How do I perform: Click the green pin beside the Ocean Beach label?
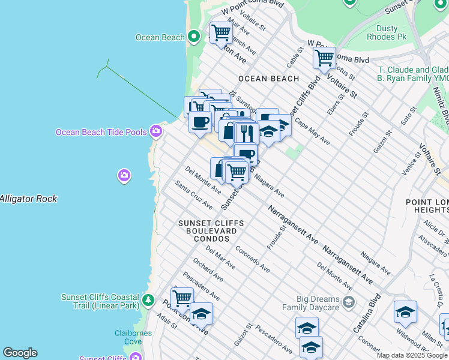click(x=193, y=37)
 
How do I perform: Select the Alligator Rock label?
click(x=28, y=199)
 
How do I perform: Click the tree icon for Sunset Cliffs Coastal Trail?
click(x=148, y=299)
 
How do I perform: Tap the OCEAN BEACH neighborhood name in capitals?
click(x=268, y=79)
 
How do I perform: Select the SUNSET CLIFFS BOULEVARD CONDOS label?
click(x=211, y=231)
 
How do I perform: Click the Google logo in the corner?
click(x=20, y=353)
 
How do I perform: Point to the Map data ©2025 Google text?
click(x=412, y=355)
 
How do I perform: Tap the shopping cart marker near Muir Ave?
click(x=221, y=32)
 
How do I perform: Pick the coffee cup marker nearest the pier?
click(x=200, y=122)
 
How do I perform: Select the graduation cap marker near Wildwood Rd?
click(x=405, y=312)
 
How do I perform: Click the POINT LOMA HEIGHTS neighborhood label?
click(x=427, y=206)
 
